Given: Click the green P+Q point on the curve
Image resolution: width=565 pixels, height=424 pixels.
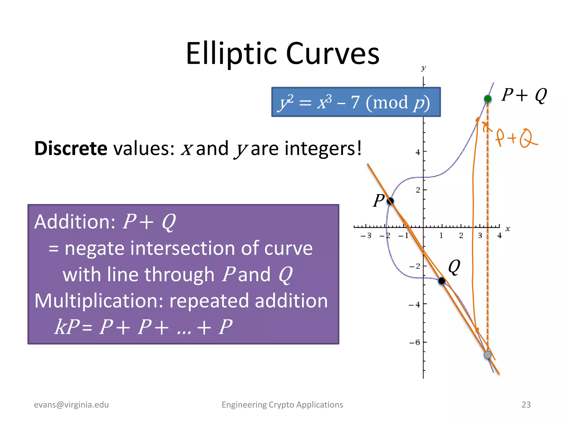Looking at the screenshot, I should (487, 99).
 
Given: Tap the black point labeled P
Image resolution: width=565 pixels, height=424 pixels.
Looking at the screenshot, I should (390, 201).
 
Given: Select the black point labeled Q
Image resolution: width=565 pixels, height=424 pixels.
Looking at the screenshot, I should (441, 281).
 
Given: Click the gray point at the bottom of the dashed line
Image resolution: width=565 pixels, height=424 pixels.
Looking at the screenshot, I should (487, 355).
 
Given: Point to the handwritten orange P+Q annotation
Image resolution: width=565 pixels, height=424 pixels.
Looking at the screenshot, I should (516, 138).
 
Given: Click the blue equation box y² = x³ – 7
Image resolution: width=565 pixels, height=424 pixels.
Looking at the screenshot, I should (356, 102).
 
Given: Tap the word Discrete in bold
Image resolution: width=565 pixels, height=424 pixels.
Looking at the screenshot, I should (71, 149).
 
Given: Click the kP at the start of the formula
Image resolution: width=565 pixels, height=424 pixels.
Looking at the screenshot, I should (67, 327).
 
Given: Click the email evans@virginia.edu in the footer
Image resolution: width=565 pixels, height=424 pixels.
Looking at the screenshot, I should (71, 405).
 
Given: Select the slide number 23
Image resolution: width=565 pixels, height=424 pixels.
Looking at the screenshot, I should (526, 405).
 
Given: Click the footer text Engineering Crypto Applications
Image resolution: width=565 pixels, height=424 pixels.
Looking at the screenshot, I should (282, 405).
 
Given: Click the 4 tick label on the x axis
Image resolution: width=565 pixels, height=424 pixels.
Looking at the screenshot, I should (499, 235).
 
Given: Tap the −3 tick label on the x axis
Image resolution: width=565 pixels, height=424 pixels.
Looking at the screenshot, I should (366, 235).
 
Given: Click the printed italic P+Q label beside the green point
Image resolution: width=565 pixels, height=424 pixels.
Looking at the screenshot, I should (524, 95).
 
